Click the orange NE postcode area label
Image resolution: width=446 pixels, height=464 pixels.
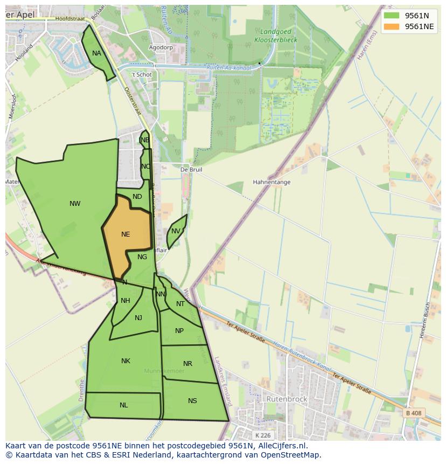click(x=126, y=234)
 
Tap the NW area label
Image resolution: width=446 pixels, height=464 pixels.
click(x=75, y=204)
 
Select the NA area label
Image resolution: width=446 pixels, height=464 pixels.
click(x=96, y=53)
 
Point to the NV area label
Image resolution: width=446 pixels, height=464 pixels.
click(x=176, y=231)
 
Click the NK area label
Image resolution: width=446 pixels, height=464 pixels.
click(x=126, y=361)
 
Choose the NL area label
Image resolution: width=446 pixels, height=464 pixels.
click(x=124, y=405)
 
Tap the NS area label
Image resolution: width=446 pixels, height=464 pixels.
click(x=192, y=401)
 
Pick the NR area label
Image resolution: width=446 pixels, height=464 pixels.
click(x=187, y=364)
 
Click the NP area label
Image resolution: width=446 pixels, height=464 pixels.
click(x=179, y=331)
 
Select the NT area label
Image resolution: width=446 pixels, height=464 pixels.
click(x=180, y=304)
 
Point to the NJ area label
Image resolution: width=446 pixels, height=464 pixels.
click(x=138, y=318)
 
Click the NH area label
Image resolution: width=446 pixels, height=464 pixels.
click(x=125, y=301)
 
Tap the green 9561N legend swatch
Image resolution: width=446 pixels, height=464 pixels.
click(x=392, y=16)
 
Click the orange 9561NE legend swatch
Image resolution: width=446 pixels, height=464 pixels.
click(x=392, y=26)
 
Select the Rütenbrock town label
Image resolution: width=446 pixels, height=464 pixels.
click(x=287, y=399)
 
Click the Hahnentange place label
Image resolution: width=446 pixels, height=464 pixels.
click(x=271, y=182)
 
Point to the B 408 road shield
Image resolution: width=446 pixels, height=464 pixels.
click(x=413, y=413)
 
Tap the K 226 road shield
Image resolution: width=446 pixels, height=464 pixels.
click(x=263, y=435)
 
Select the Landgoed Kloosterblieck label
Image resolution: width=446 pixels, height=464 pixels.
click(x=275, y=36)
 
